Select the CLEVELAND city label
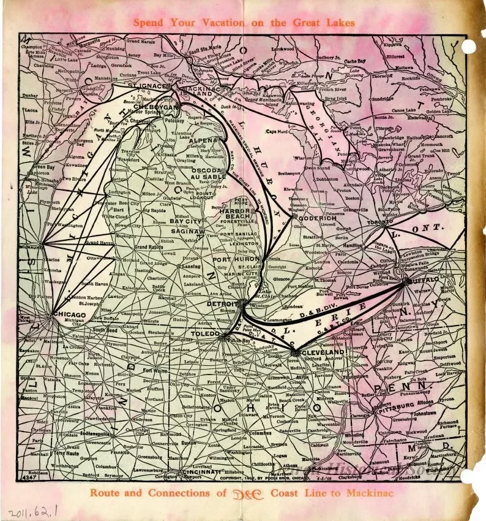tap(323, 353)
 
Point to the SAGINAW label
tap(187, 232)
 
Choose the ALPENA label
tap(204, 140)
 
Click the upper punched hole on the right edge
tap(469, 47)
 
